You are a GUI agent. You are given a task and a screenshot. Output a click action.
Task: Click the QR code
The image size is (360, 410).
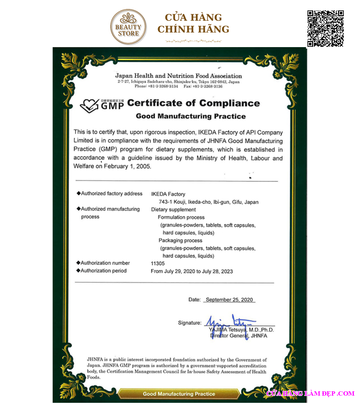(x=325, y=28)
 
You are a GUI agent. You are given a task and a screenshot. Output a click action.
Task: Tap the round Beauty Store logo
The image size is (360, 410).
(x=129, y=27)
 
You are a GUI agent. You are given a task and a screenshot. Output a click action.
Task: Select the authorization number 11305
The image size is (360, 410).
(x=158, y=263)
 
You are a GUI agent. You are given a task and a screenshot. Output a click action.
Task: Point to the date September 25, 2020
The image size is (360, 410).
(x=229, y=300)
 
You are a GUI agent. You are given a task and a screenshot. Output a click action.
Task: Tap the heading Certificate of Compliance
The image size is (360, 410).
(x=193, y=103)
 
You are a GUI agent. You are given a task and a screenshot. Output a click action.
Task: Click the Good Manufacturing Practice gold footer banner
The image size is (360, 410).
(x=179, y=394)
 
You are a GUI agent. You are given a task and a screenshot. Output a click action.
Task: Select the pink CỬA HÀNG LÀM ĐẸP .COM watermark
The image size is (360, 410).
(x=310, y=393)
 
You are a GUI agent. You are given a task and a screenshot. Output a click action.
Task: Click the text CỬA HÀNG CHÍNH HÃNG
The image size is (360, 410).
(x=193, y=23)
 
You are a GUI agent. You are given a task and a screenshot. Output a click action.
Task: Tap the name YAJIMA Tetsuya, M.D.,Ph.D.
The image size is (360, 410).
(x=241, y=330)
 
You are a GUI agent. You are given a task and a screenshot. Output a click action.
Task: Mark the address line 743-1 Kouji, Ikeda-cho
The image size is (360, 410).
(x=209, y=202)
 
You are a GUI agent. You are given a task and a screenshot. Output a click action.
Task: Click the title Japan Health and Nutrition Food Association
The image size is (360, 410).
(x=179, y=76)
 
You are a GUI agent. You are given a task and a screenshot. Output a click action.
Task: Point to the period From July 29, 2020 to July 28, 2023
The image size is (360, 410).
(x=192, y=271)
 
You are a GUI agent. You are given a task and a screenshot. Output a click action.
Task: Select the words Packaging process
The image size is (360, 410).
(x=180, y=240)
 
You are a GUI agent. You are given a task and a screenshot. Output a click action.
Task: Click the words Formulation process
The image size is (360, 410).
(x=181, y=217)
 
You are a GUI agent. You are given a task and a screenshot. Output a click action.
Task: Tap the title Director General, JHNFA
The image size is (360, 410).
(x=239, y=336)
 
